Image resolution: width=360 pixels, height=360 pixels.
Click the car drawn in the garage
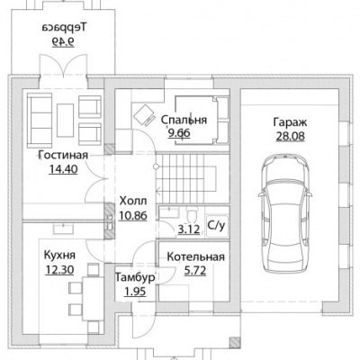coord(285,213)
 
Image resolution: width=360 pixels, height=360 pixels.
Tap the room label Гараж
coord(290,122)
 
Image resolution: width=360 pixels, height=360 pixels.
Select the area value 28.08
coord(290,137)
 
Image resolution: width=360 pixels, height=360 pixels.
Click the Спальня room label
coord(184,120)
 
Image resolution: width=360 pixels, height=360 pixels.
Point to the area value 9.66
coord(179,132)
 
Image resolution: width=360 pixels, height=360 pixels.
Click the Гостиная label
coord(63,155)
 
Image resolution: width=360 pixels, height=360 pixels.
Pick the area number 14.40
coord(63,169)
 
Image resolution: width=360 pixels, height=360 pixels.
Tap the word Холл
coord(133,201)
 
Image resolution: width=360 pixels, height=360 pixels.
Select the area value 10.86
coord(133,215)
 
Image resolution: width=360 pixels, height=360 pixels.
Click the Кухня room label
coord(59,256)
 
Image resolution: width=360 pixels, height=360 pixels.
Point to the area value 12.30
coord(59,270)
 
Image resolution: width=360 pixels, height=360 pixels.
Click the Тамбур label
coord(135,277)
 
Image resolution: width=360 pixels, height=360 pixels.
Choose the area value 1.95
coord(134,292)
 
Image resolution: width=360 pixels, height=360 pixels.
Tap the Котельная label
coord(195,257)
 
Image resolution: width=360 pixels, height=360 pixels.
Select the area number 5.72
coord(195,271)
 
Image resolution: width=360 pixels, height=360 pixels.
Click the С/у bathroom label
coord(216,226)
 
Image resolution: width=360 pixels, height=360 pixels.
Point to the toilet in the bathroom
coord(191,214)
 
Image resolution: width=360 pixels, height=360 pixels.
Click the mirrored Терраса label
coord(64,28)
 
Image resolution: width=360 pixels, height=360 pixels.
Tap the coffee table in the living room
coord(65,120)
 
